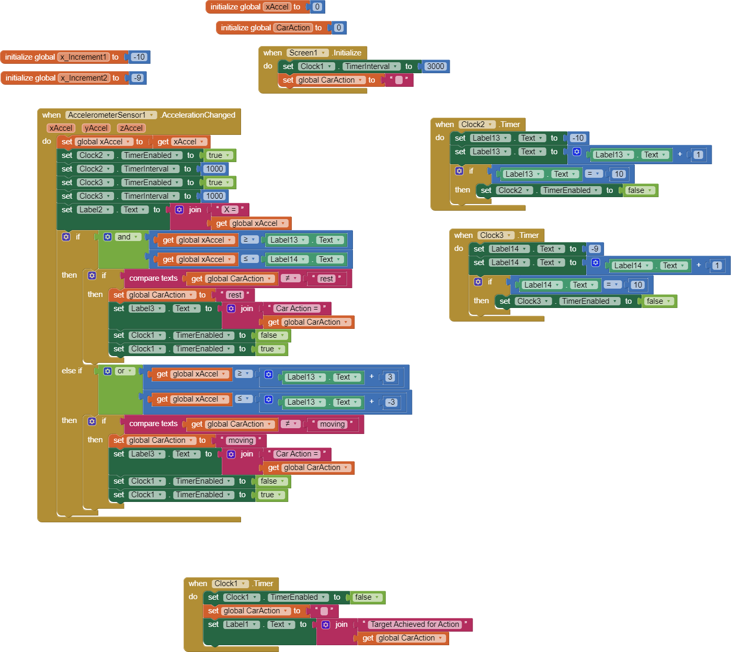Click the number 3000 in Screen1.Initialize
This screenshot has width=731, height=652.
tap(435, 66)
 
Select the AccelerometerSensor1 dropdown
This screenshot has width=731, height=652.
tap(111, 115)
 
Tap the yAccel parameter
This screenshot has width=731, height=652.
tap(96, 128)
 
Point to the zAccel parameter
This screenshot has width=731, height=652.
tap(131, 128)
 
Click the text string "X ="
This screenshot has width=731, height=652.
tap(230, 210)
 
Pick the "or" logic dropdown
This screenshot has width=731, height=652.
tap(124, 371)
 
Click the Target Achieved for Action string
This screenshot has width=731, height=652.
tap(415, 624)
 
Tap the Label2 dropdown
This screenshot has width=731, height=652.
tap(95, 210)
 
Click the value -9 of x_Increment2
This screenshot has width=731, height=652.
tap(137, 78)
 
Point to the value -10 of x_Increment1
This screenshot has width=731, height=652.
tap(139, 57)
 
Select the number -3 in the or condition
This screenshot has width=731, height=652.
tap(391, 402)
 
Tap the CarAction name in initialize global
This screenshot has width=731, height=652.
tap(293, 28)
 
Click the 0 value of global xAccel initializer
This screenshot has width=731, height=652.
tap(317, 7)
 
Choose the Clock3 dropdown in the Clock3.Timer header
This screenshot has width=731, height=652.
tap(495, 235)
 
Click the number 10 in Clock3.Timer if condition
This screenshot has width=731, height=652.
tap(637, 285)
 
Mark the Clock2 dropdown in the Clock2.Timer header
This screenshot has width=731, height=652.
tap(476, 124)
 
